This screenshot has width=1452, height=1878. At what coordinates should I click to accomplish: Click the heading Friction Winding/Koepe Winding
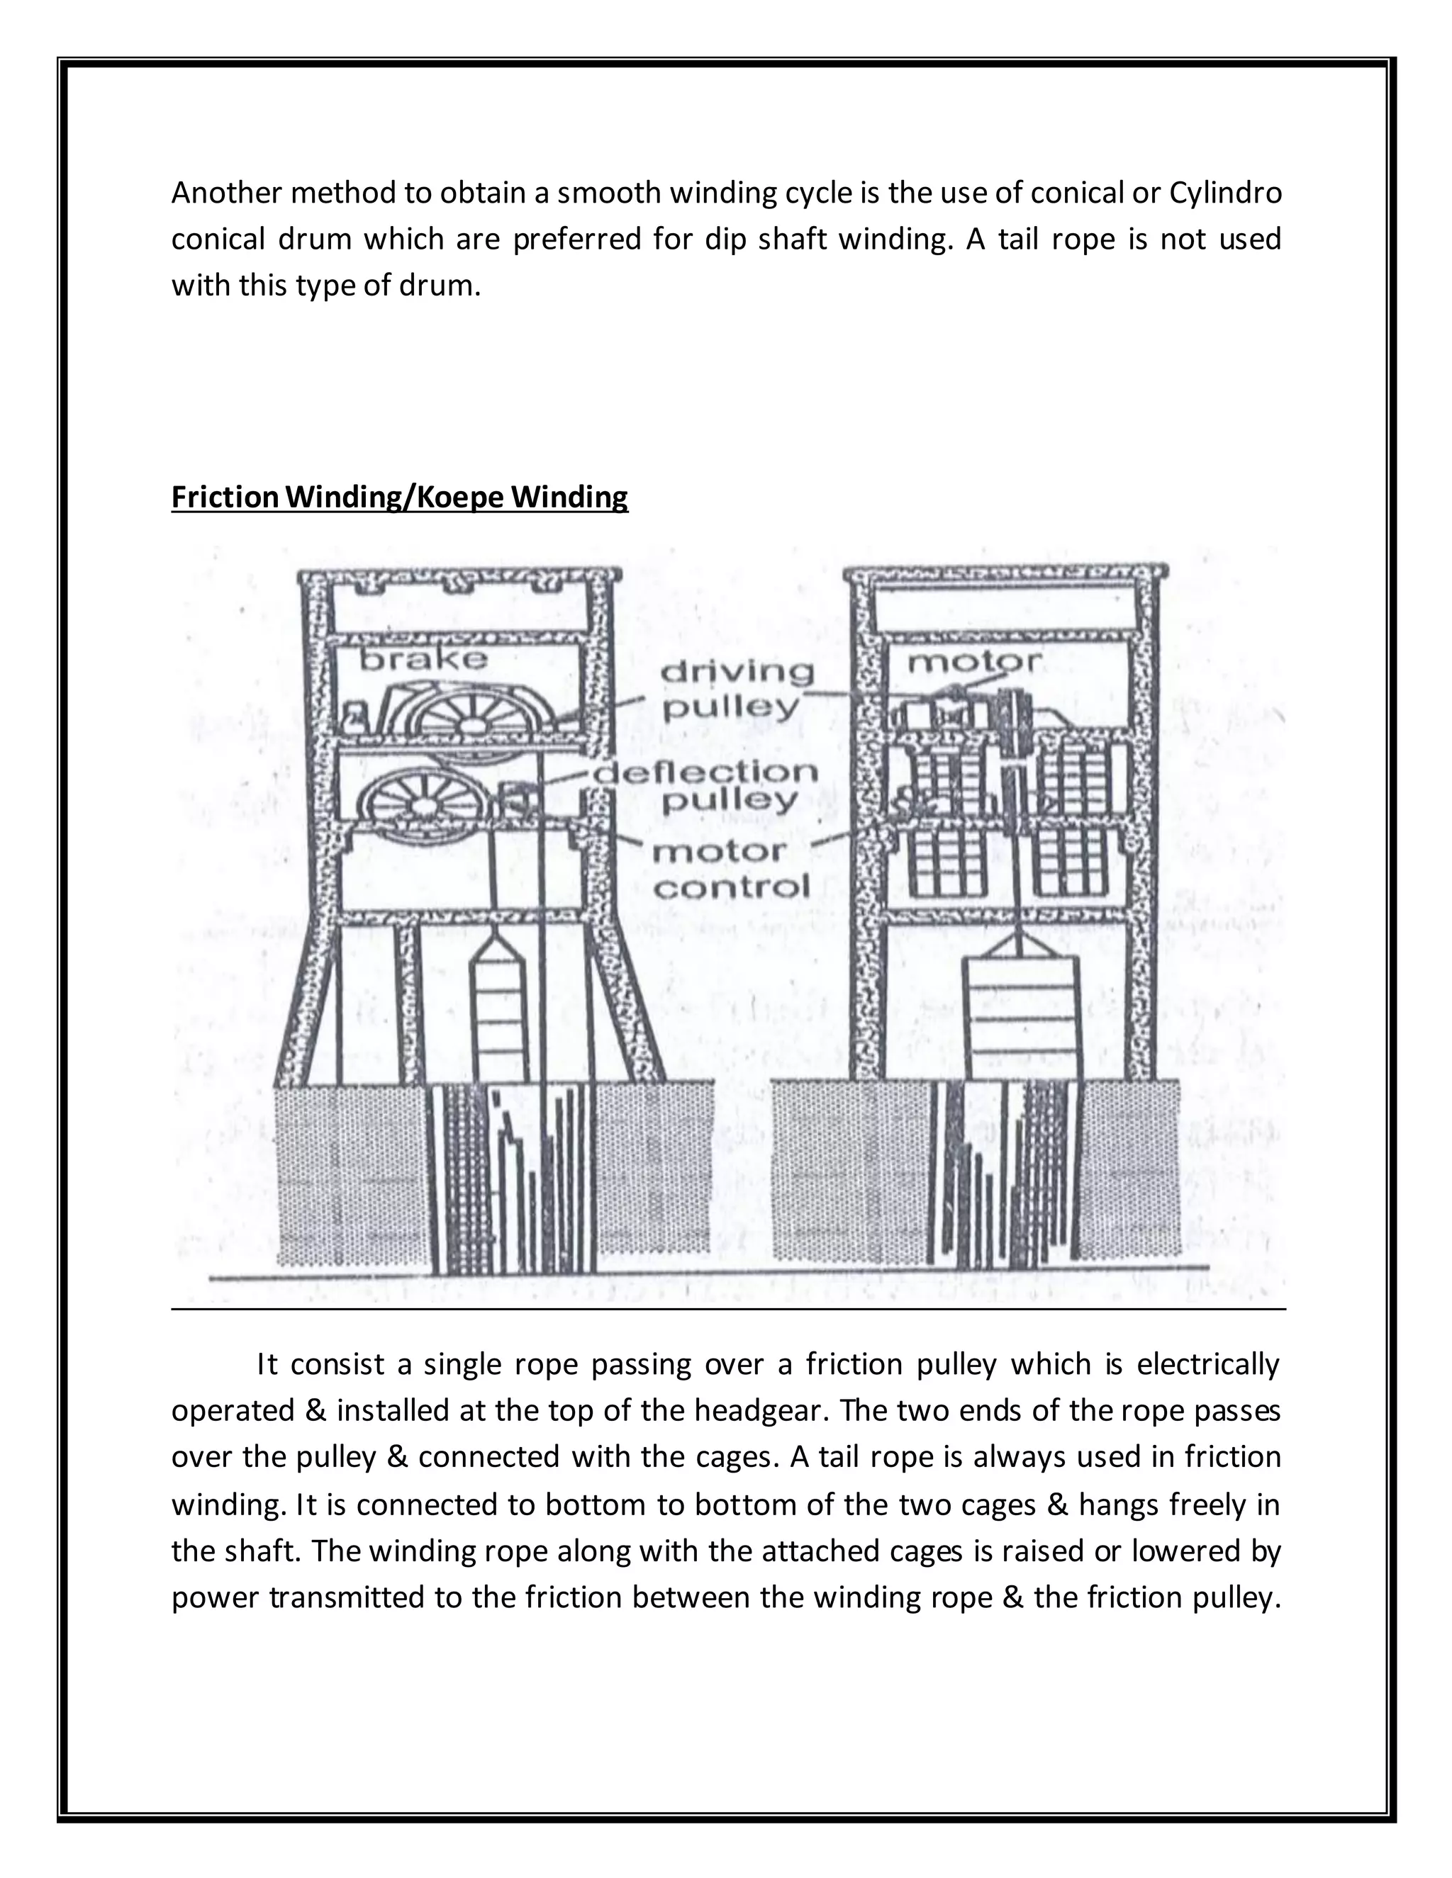399,497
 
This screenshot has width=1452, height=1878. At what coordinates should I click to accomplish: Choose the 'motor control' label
731,870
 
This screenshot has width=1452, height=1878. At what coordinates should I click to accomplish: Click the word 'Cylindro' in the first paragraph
1225,193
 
